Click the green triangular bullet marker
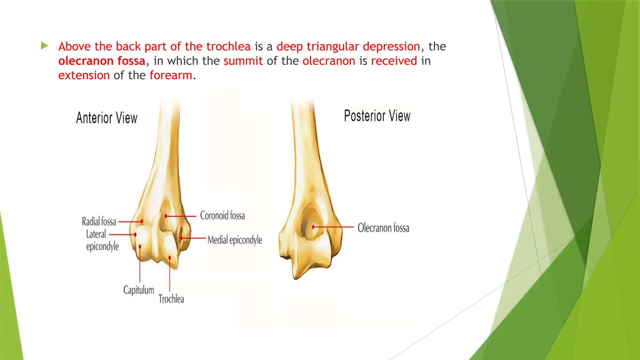[x=44, y=46]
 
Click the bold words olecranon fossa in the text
[x=102, y=61]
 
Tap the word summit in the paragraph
[x=243, y=61]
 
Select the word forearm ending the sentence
[x=171, y=75]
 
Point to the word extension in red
[x=84, y=75]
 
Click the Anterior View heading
[x=107, y=118]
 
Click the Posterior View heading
[x=377, y=116]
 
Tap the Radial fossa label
[x=99, y=222]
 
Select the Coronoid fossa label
[x=222, y=215]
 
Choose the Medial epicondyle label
[x=235, y=240]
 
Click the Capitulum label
[x=138, y=290]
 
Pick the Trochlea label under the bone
[x=171, y=299]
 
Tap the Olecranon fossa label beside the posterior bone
[x=383, y=228]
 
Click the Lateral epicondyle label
[x=102, y=240]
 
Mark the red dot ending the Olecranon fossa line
[x=313, y=227]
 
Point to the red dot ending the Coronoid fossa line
[x=166, y=216]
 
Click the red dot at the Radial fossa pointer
[x=142, y=222]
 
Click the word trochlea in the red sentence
[x=228, y=47]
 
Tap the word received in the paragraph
[x=394, y=61]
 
